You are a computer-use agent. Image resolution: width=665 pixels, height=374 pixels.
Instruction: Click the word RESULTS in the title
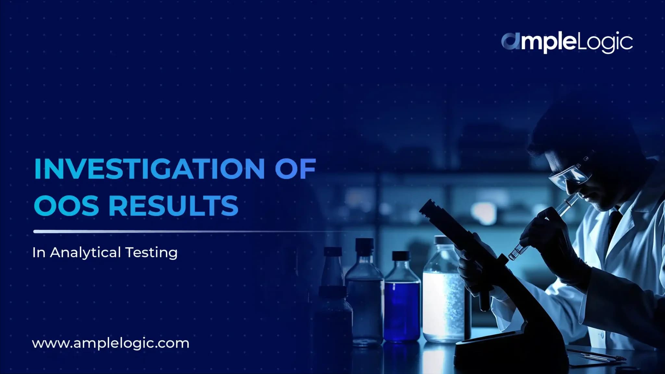click(173, 206)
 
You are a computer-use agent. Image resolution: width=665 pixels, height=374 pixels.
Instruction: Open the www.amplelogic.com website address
click(110, 343)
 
